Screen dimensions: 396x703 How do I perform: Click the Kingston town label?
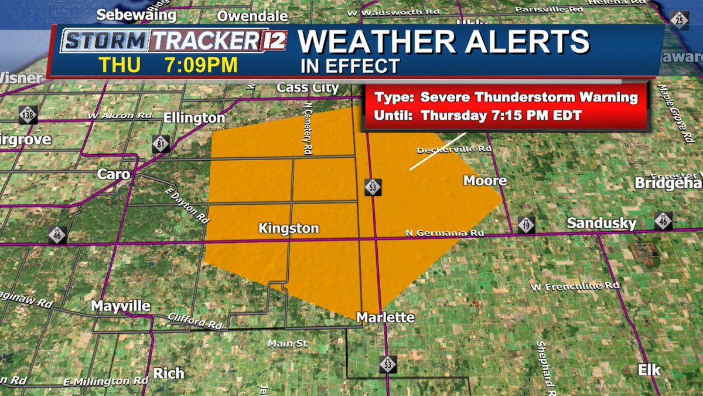pos(288,228)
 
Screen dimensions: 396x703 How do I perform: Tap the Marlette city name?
pos(385,317)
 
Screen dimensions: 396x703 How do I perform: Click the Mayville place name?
pos(121,306)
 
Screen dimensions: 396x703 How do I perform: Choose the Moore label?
pos(485,180)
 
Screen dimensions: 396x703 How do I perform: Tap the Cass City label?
pos(308,88)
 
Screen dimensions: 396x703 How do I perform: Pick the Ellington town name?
pos(194,118)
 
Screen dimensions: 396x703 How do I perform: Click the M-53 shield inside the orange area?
pos(373,187)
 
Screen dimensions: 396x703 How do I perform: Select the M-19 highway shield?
pos(525,225)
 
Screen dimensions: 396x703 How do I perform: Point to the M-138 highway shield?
pos(28,114)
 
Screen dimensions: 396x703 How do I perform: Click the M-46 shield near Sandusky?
pos(663,221)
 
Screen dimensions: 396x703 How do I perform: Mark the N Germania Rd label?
pos(445,233)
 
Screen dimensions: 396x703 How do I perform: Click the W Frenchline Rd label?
pos(575,287)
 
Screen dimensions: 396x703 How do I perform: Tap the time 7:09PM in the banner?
pos(201,65)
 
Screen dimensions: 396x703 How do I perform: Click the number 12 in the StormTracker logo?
pos(279,40)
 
